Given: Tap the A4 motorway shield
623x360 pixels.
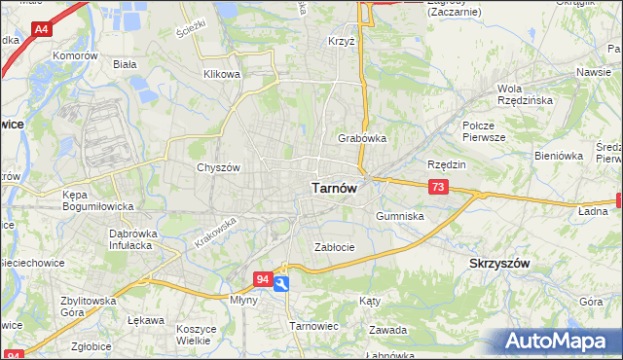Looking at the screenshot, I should click(41, 31).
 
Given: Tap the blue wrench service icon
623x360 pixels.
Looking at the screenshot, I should click(281, 283).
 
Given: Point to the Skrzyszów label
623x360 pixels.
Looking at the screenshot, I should click(499, 264).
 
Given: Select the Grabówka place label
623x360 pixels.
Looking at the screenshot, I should click(362, 138).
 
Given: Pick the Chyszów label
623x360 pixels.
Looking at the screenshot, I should click(218, 167).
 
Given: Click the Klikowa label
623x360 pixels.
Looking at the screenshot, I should click(221, 74).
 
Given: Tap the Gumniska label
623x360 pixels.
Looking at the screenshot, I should click(399, 216).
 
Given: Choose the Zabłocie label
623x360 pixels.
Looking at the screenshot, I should click(334, 247).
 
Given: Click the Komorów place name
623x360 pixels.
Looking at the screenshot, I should click(77, 56).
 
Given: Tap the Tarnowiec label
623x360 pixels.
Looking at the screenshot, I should click(312, 327).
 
